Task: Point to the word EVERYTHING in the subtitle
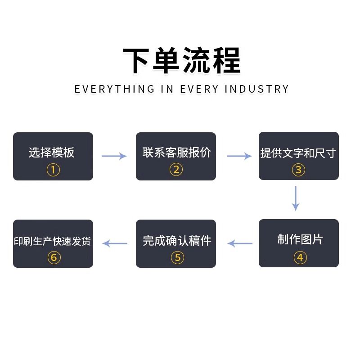[x=114, y=89]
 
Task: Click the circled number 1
[x=53, y=170]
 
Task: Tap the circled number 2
[x=176, y=170]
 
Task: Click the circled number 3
[x=298, y=170]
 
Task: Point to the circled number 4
[x=300, y=257]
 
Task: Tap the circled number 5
[x=177, y=257]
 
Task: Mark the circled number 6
[x=54, y=257]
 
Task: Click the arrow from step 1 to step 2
[x=114, y=156]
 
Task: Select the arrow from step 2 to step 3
[x=239, y=156]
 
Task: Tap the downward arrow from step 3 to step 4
[x=296, y=198]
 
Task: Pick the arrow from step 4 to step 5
[x=240, y=243]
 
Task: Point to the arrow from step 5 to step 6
[x=115, y=243]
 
